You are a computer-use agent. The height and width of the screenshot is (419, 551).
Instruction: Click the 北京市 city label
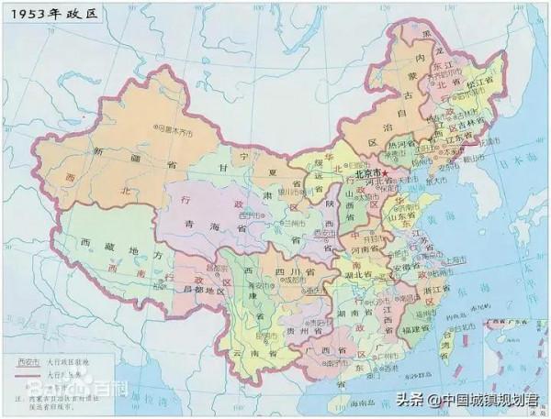[x=368, y=172]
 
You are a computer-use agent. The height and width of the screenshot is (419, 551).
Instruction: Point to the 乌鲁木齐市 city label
[x=175, y=131]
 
